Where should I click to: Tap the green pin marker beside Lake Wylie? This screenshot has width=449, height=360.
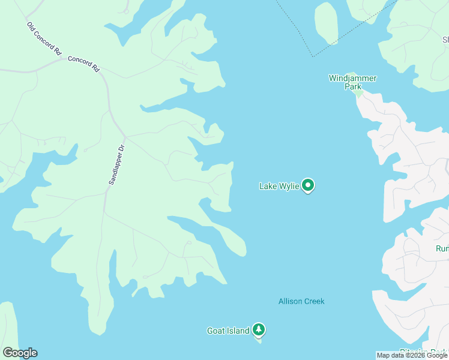tap(308, 185)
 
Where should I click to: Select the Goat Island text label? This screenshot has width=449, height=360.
tap(228, 331)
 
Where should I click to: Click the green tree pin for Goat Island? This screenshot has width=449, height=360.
tap(259, 329)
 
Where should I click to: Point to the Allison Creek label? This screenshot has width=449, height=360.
tap(301, 301)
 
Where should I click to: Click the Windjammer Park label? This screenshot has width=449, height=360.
tap(352, 82)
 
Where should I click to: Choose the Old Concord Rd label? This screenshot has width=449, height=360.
tap(44, 39)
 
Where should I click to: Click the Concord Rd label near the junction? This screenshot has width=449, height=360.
tap(83, 64)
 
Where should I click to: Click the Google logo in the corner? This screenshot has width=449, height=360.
tap(20, 353)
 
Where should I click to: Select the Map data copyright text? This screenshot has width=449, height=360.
tap(412, 356)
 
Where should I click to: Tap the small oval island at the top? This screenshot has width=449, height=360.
tap(326, 22)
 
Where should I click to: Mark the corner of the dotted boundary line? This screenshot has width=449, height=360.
tap(312, 57)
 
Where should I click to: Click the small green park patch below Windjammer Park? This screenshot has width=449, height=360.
tap(358, 93)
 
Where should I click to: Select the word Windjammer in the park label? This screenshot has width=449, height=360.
tap(352, 78)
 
